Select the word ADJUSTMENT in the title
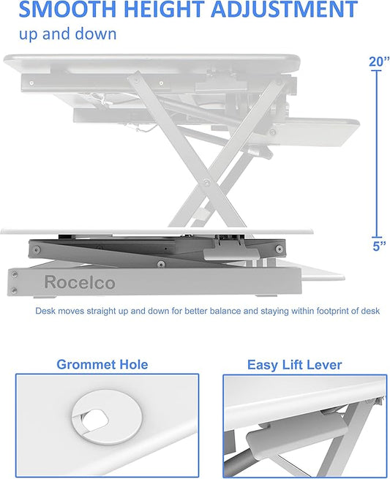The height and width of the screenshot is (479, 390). click(290, 10)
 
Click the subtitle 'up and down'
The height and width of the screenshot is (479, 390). click(67, 34)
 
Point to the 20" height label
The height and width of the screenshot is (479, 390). click(378, 62)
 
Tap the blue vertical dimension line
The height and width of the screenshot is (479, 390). click(378, 154)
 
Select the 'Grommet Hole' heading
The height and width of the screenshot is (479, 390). click(102, 364)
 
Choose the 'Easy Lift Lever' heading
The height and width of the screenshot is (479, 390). click(294, 364)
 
